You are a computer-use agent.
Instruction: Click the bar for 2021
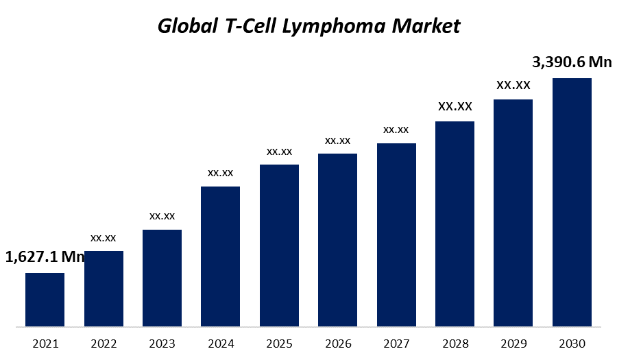[45, 300]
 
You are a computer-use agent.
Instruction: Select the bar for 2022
[104, 289]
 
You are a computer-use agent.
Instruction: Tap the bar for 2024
[220, 256]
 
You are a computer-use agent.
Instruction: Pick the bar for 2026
[337, 240]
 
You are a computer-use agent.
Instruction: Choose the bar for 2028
[455, 224]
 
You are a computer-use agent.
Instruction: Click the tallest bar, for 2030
[572, 202]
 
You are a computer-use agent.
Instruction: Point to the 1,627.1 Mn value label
[45, 257]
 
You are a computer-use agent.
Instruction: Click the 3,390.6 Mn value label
[572, 62]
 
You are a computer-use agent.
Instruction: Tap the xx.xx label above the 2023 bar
[162, 216]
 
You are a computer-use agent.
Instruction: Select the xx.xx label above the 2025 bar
[279, 151]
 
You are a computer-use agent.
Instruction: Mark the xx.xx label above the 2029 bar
[513, 85]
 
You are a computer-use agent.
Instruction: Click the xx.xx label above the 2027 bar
[396, 129]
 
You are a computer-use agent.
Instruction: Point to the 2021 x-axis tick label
[45, 344]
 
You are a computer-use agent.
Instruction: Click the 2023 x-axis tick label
[162, 344]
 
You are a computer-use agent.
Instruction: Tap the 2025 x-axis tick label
[279, 344]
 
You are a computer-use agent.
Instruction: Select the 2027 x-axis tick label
[396, 344]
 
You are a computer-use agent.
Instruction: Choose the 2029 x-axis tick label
[513, 344]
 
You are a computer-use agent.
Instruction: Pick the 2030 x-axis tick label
[572, 344]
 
